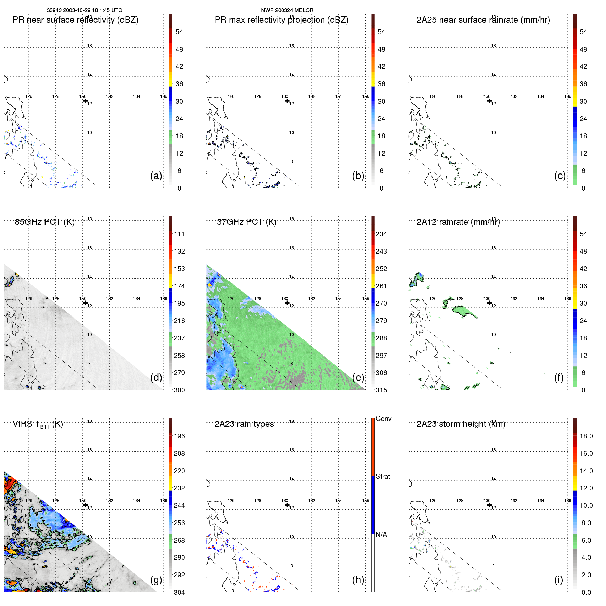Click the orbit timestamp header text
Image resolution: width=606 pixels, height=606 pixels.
84,10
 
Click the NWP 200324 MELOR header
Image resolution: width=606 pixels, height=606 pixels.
287,10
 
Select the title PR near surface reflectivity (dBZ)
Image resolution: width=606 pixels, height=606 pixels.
75,20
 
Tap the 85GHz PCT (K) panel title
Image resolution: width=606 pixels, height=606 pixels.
44,222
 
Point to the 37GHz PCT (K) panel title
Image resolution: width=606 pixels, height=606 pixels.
246,222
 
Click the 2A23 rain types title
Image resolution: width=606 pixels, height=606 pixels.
244,424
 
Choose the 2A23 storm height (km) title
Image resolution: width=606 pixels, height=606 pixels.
461,424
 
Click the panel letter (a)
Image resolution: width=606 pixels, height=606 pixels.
156,176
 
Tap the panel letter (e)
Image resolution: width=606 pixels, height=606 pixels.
358,377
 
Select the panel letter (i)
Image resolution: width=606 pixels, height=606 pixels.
558,580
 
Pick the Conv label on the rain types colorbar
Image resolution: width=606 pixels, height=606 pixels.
383,418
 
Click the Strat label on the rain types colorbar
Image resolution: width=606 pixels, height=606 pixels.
383,476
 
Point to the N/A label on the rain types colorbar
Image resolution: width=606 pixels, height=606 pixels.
381,534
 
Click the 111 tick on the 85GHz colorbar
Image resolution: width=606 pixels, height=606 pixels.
179,234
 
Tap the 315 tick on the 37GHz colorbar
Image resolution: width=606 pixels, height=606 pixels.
381,390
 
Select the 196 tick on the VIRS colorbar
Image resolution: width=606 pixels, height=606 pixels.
179,436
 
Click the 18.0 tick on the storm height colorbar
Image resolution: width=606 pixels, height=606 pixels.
586,436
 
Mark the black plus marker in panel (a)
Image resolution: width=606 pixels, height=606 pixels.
85,101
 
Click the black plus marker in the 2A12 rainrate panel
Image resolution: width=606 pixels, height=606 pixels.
489,303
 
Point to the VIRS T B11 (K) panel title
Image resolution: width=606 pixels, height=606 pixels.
38,424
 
